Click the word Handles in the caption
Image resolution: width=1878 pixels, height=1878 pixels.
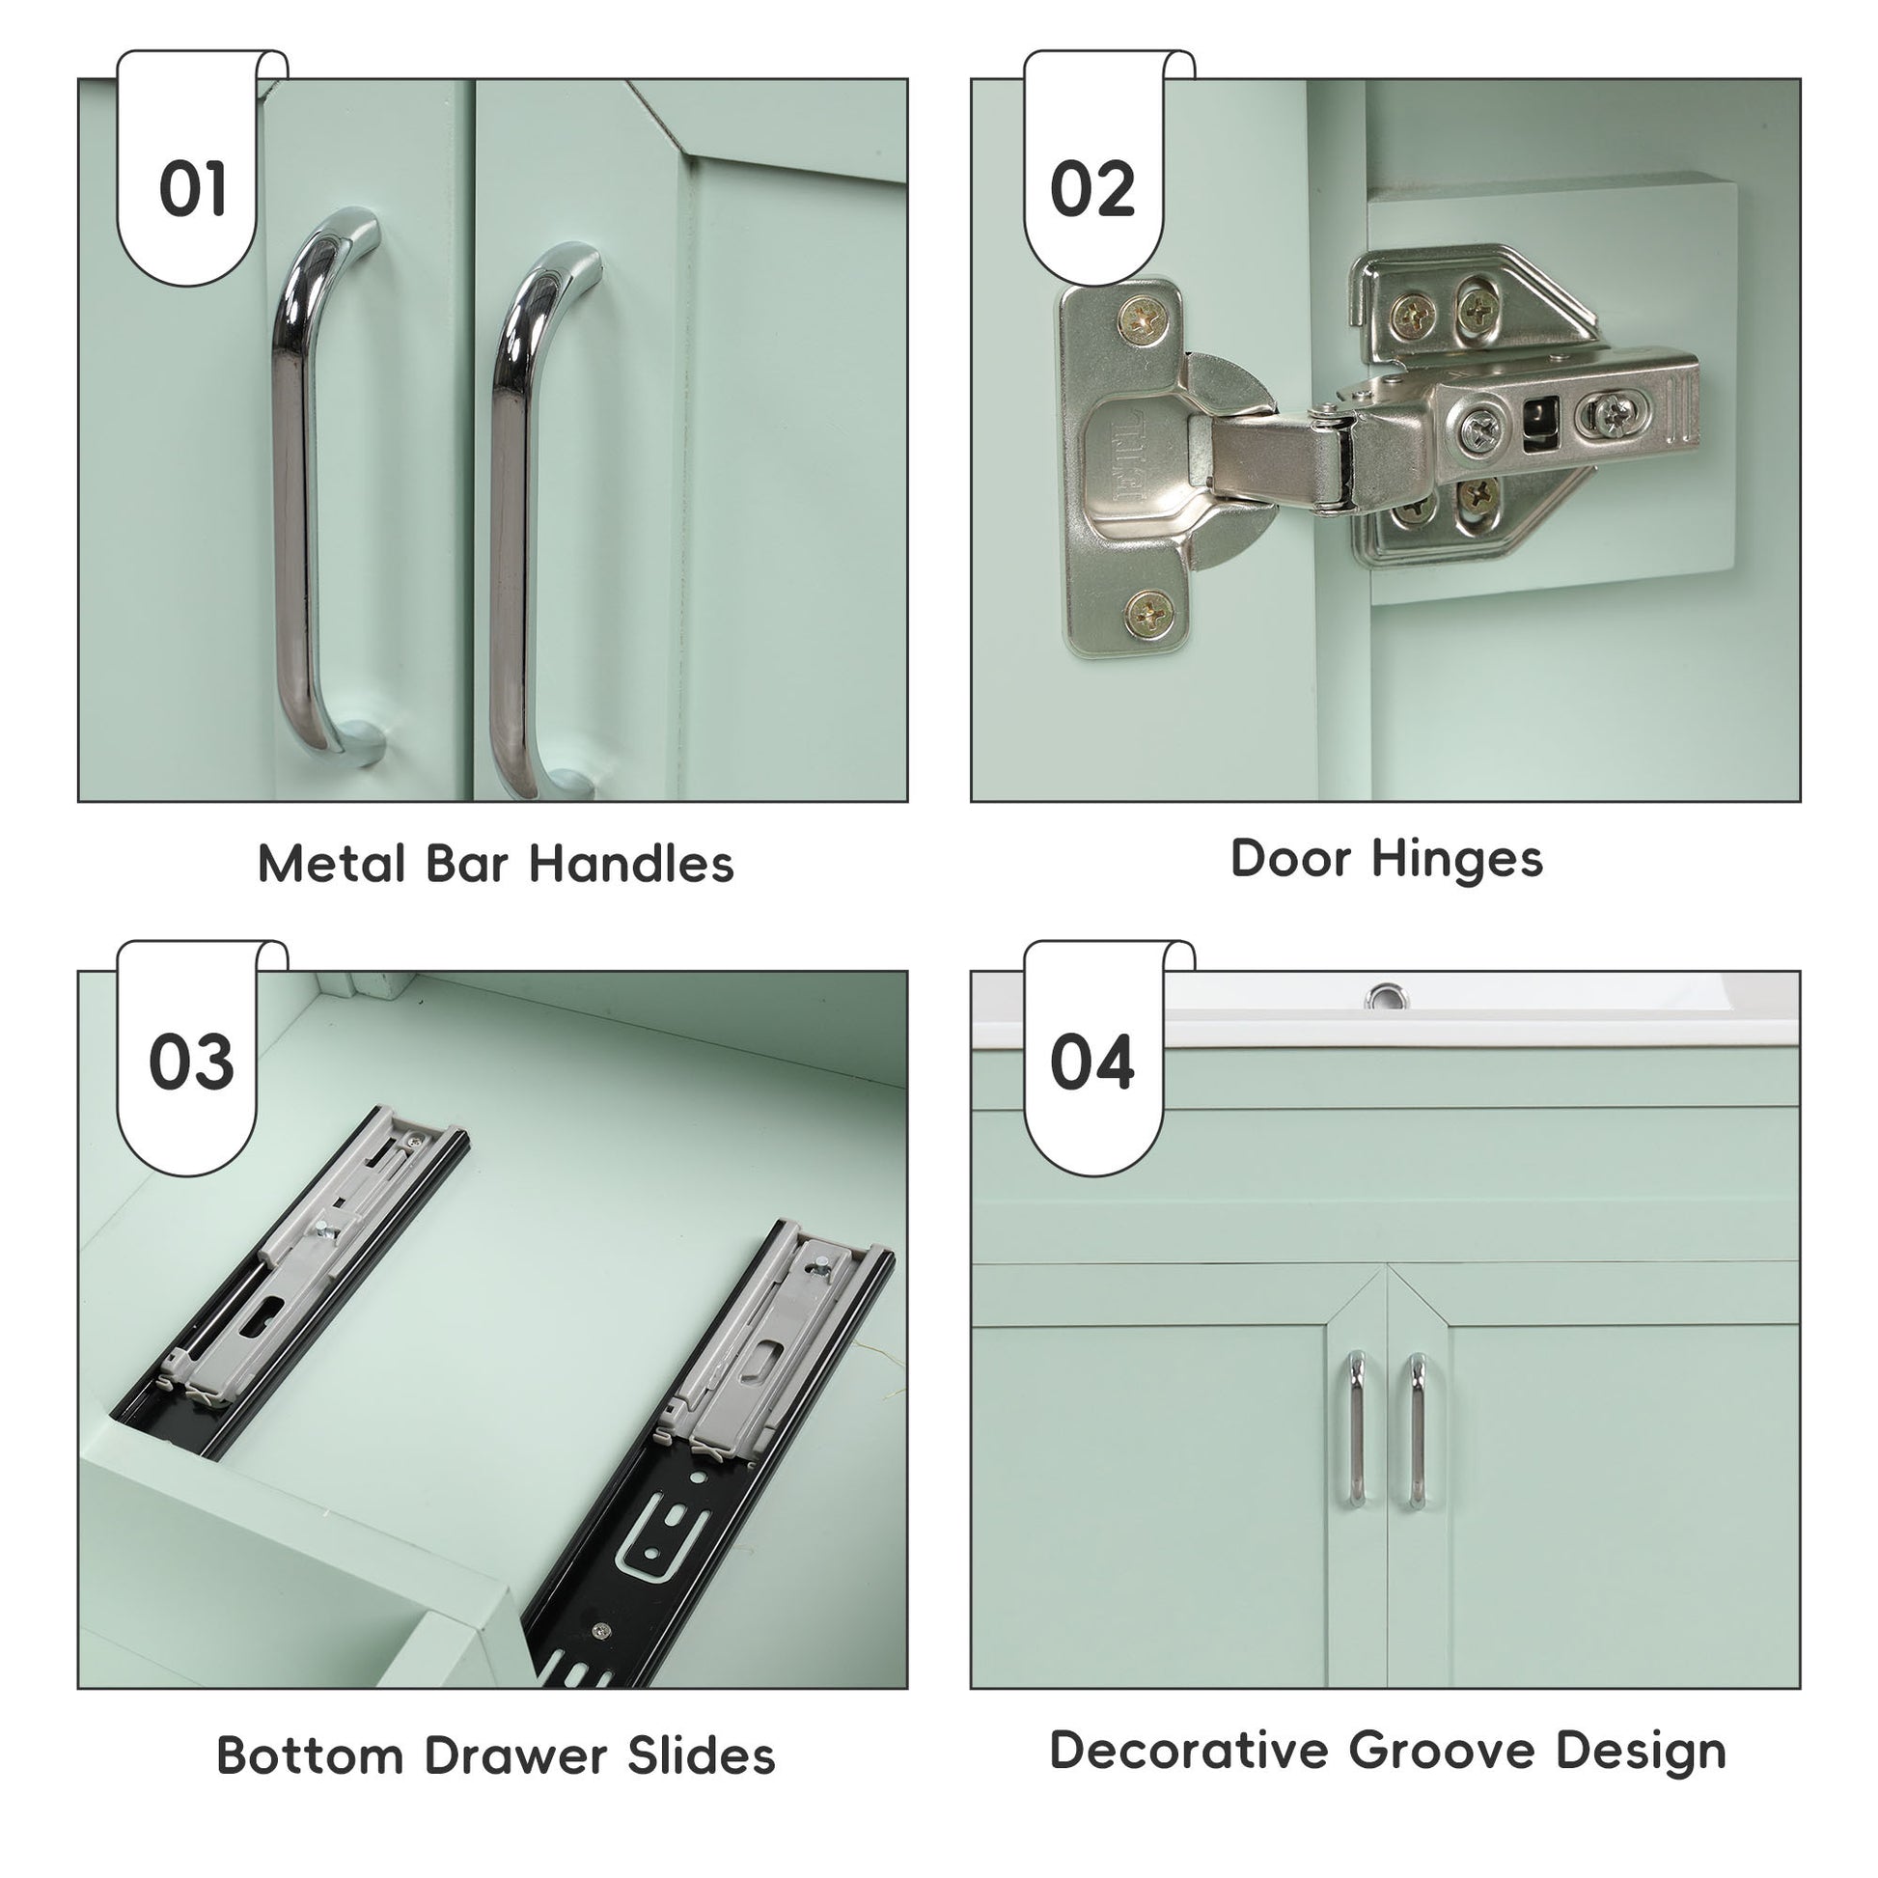click(632, 863)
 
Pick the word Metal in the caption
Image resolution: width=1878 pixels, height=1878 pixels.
click(331, 863)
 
